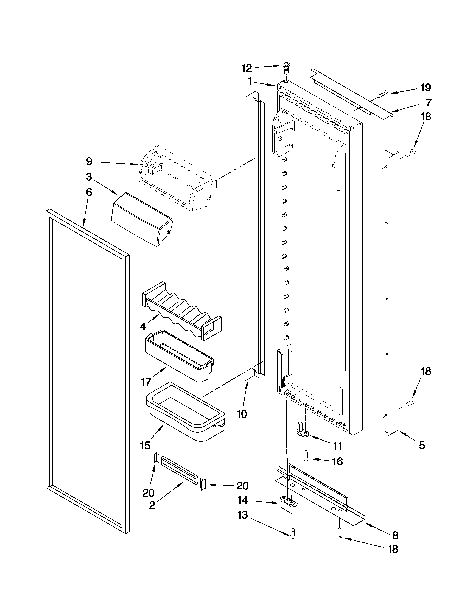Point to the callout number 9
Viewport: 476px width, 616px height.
coord(89,162)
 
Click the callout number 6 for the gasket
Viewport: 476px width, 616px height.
coord(89,192)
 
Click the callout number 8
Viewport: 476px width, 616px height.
coord(395,535)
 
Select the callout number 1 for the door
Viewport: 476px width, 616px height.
coord(250,82)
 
